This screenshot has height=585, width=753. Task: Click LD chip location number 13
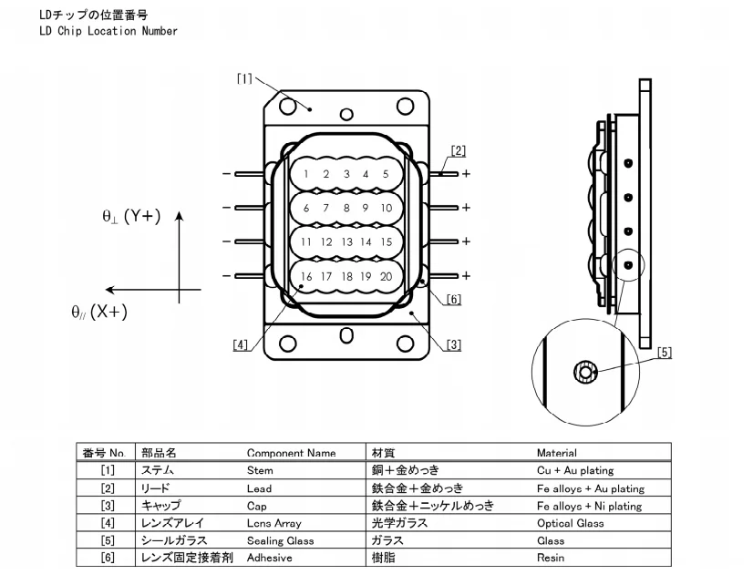346,242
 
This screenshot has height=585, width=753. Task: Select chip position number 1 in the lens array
306,174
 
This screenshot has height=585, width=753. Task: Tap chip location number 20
387,276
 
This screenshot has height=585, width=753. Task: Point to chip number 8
346,209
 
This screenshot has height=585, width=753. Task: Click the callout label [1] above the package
244,78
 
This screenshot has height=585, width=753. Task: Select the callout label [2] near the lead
459,150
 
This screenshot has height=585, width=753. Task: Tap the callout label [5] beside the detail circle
665,353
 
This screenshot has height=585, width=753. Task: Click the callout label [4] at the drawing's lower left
240,344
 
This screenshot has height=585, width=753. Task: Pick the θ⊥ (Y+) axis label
131,217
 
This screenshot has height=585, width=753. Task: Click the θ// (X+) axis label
99,312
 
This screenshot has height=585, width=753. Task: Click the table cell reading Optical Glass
571,523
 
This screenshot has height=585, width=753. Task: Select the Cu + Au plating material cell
575,470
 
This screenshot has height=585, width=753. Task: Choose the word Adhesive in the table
270,558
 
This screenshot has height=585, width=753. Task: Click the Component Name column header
291,453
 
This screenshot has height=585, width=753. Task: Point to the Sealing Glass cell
281,540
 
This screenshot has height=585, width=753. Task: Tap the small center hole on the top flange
346,114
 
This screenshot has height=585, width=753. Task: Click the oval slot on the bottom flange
346,335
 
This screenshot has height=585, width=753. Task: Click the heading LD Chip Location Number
108,31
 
